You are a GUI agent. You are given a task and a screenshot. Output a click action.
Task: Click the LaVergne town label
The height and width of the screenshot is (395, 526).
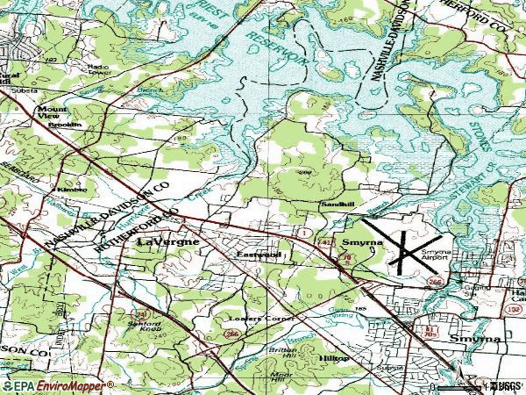point(167,241)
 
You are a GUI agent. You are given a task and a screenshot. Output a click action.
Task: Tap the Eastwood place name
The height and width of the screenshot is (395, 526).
point(258,255)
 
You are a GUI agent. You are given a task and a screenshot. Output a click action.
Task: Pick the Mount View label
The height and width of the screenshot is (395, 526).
point(52,113)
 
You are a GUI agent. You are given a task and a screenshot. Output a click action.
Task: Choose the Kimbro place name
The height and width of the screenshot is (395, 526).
point(72,189)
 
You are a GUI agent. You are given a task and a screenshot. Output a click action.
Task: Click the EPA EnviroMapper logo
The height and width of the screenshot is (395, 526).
point(58,385)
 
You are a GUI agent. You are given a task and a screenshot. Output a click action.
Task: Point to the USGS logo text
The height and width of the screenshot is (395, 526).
point(503,385)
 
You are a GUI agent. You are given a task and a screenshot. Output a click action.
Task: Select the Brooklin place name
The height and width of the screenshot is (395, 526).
point(64,125)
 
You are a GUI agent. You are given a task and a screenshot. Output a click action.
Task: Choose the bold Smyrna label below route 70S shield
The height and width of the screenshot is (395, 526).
point(474,338)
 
